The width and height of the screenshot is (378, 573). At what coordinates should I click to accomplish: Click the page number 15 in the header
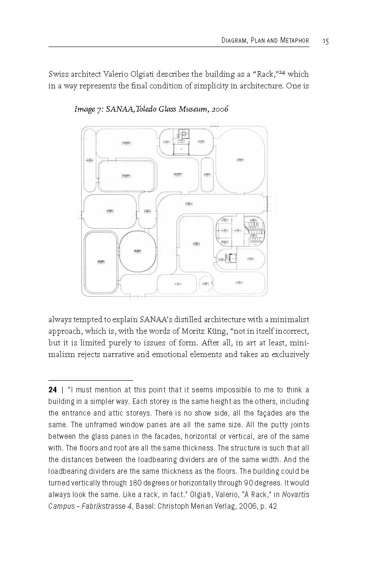tap(325, 41)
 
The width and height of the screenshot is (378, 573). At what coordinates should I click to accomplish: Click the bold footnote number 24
tap(53, 390)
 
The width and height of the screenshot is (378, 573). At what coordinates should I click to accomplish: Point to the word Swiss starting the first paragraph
tap(58, 75)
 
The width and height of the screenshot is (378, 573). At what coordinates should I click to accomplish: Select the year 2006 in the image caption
tap(220, 109)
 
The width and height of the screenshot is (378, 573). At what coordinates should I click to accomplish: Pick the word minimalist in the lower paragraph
tap(292, 320)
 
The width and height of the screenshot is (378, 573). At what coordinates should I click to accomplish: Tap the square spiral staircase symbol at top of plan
tap(184, 135)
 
